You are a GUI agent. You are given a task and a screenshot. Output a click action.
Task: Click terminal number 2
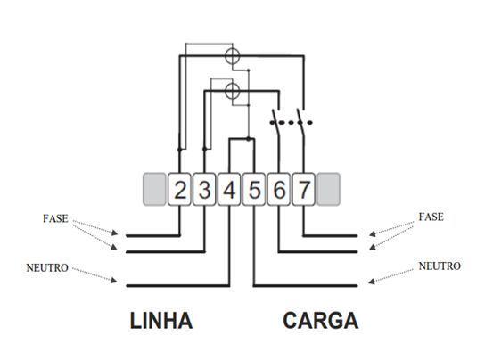pyautogui.click(x=179, y=190)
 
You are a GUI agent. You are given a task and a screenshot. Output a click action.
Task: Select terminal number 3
pyautogui.click(x=204, y=190)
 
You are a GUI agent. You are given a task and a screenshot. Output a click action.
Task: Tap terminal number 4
pyautogui.click(x=229, y=190)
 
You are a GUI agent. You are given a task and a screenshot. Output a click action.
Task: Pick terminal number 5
pyautogui.click(x=254, y=190)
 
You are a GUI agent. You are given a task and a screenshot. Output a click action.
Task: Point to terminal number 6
pyautogui.click(x=279, y=190)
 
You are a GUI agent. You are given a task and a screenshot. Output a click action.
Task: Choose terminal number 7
pyautogui.click(x=304, y=190)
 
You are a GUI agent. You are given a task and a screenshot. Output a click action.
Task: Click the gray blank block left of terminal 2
pyautogui.click(x=154, y=190)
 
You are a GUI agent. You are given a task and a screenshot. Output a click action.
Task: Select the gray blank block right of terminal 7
pyautogui.click(x=329, y=190)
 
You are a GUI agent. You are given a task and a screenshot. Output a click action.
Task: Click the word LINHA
pyautogui.click(x=161, y=321)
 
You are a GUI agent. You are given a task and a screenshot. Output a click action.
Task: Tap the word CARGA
pyautogui.click(x=321, y=321)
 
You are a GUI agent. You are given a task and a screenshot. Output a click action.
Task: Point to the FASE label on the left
pyautogui.click(x=55, y=218)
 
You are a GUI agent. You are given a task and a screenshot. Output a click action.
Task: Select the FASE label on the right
pyautogui.click(x=431, y=217)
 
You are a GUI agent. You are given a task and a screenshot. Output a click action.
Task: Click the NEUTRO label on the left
pyautogui.click(x=47, y=268)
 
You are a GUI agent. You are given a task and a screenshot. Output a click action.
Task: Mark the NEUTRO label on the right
pyautogui.click(x=440, y=266)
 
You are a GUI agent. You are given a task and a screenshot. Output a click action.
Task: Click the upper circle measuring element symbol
pyautogui.click(x=233, y=57)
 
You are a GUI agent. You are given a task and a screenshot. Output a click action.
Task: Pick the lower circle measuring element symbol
pyautogui.click(x=233, y=91)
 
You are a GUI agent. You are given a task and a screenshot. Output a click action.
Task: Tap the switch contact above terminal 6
pyautogui.click(x=275, y=122)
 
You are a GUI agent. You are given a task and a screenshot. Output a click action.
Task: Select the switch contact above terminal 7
pyautogui.click(x=301, y=122)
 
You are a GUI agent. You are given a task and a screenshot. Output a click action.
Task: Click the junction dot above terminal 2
pyautogui.click(x=179, y=150)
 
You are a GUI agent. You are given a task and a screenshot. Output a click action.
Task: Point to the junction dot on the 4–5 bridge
pyautogui.click(x=249, y=138)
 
